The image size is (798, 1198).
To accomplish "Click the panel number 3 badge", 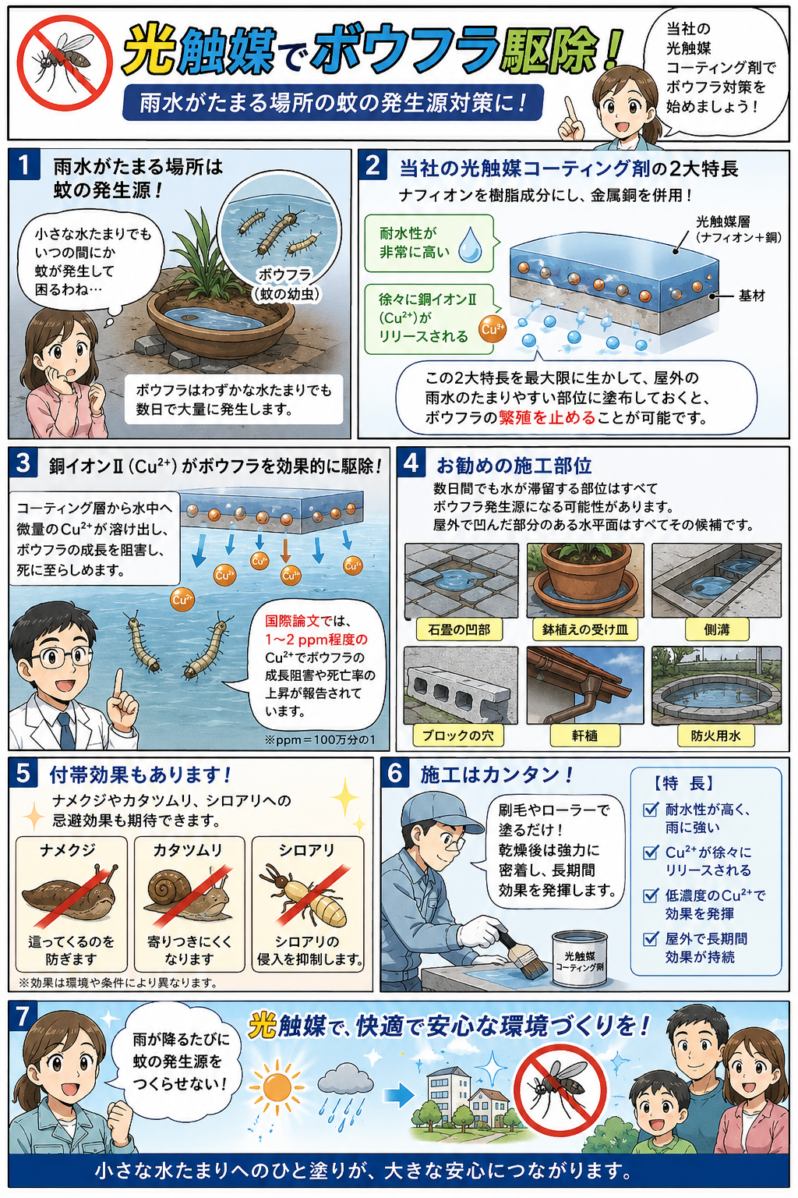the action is click(23, 463).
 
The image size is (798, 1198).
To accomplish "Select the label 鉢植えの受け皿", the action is click(584, 629).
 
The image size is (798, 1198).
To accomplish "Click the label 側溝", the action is click(716, 629).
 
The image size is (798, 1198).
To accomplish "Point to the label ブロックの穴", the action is click(458, 735).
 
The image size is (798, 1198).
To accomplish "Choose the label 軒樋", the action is click(584, 735).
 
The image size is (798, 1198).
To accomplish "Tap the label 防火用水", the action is click(716, 735).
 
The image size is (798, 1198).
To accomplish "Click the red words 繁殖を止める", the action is click(547, 418).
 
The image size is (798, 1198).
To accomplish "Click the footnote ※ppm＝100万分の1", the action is click(320, 739).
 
